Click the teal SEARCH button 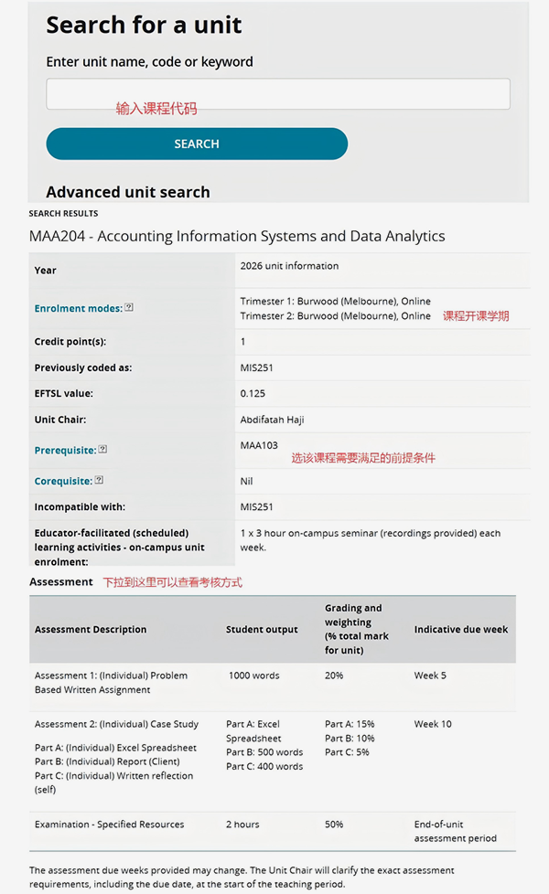point(197,144)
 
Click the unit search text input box point(278,94)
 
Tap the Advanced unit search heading point(128,192)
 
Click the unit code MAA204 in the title point(57,236)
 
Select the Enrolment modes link point(78,309)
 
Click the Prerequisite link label point(65,451)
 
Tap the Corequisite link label point(63,481)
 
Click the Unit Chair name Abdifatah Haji point(274,420)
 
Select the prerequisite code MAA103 point(259,446)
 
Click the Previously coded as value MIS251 point(256,368)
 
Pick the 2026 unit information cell point(289,266)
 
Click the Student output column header point(262,630)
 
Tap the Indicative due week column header point(461,630)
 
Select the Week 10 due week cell point(433,724)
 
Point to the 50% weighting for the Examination point(334,825)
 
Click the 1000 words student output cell point(253,676)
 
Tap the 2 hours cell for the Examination point(242,825)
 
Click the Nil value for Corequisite point(247,481)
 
